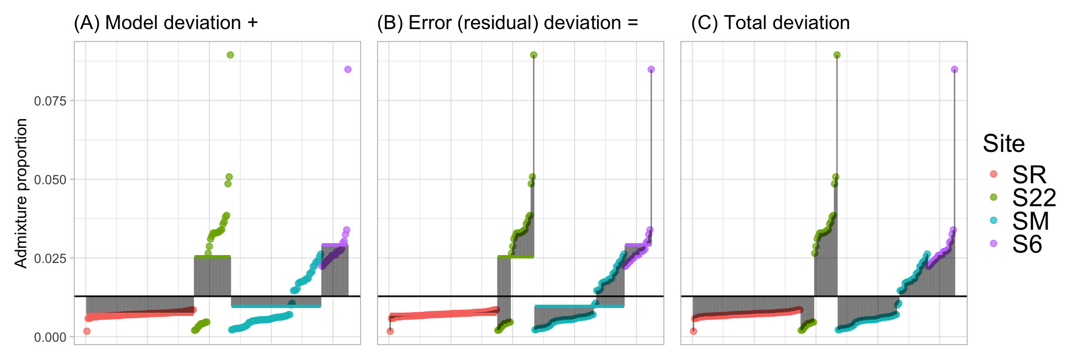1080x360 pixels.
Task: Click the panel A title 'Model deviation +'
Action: pos(166,22)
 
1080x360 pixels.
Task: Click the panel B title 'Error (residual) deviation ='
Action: pos(508,22)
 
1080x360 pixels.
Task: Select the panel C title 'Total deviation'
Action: pos(770,22)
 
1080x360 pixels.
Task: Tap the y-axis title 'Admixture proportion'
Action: pos(21,193)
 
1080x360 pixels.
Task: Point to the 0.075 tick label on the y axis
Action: pos(50,101)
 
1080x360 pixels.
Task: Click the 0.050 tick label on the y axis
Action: pos(50,180)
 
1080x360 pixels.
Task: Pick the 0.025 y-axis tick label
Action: pos(50,258)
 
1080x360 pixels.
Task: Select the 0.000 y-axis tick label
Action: pos(50,337)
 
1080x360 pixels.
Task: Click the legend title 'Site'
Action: pos(1004,143)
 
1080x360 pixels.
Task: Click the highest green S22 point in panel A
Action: pos(230,55)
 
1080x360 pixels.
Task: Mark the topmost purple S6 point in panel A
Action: pos(348,69)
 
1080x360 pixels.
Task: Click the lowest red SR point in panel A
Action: pos(87,331)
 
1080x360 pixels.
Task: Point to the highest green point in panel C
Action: pos(837,55)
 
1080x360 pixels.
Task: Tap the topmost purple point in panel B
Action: pos(651,69)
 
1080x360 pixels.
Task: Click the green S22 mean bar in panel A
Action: pos(212,256)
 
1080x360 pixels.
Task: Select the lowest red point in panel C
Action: pos(693,331)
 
